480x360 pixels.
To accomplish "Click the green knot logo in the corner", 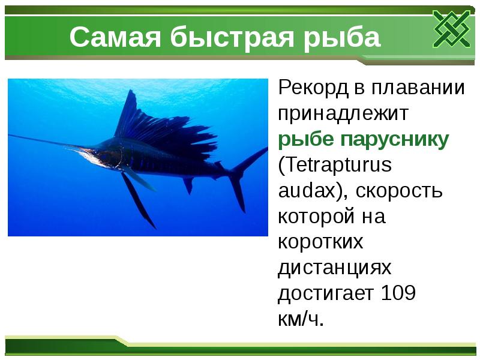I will click(451, 28).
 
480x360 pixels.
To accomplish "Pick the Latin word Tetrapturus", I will click(343, 166).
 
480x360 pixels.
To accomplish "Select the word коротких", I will click(320, 242).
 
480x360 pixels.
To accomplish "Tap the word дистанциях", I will click(335, 268).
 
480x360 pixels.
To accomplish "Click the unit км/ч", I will click(300, 319).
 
